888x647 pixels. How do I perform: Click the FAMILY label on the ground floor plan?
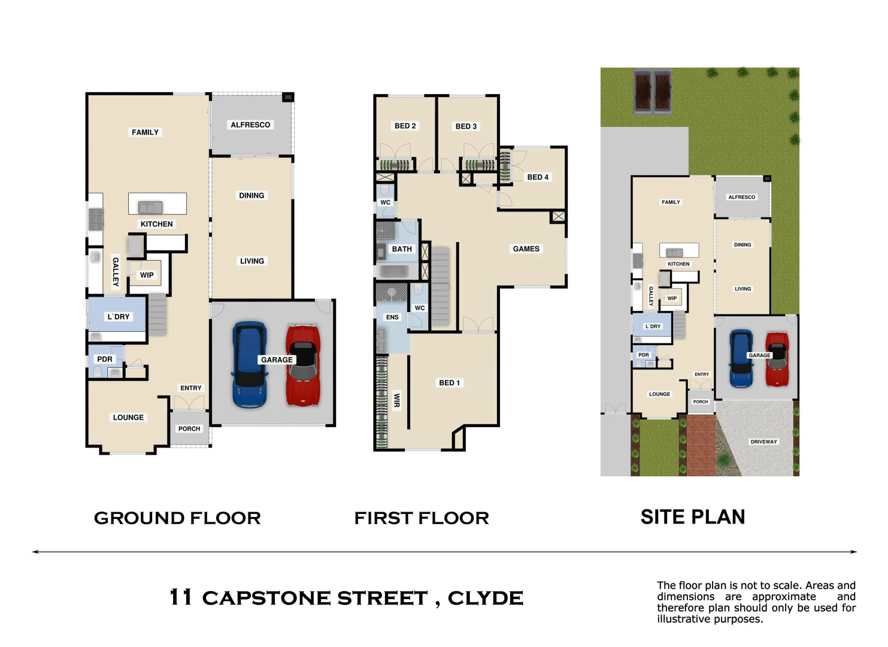[x=145, y=132]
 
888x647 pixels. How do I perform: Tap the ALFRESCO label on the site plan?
[x=741, y=197]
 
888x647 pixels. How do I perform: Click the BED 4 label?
[x=537, y=177]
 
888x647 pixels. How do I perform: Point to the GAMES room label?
[x=526, y=249]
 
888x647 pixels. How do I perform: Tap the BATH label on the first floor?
[x=402, y=249]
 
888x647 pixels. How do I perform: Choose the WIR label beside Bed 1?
[x=396, y=400]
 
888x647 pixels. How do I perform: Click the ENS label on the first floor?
[x=392, y=318]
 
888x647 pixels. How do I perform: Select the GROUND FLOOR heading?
[x=177, y=518]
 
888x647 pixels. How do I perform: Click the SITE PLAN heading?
[x=692, y=517]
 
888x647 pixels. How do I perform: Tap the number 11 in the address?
[x=180, y=597]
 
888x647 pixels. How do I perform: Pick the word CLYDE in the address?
[x=485, y=598]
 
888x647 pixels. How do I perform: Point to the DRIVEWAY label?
[x=763, y=442]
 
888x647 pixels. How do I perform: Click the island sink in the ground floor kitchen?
[x=150, y=207]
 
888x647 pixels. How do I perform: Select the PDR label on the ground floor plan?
[x=105, y=359]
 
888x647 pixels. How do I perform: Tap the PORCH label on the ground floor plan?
[x=189, y=429]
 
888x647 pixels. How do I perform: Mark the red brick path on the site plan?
[x=701, y=446]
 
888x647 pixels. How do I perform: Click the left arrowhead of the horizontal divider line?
[x=35, y=552]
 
